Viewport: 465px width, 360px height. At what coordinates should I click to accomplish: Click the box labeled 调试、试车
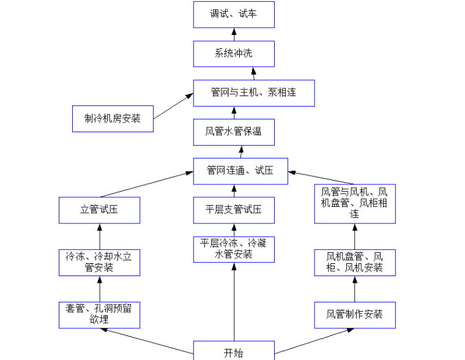(x=234, y=14)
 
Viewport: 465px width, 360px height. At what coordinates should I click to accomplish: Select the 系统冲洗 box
(x=234, y=53)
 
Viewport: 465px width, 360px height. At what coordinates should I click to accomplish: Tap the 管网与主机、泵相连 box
(x=253, y=92)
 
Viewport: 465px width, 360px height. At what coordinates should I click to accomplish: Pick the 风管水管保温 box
(x=234, y=132)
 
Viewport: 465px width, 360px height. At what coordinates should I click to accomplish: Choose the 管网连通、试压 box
(x=240, y=171)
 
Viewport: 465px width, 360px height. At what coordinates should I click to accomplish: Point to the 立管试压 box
(x=99, y=210)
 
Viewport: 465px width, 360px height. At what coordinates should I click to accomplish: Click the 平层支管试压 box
(x=234, y=210)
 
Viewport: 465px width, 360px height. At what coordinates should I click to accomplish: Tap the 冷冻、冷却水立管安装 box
(x=99, y=262)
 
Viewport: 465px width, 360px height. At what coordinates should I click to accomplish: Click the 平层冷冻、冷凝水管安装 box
(x=234, y=249)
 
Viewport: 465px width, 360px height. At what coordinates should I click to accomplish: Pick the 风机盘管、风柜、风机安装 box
(x=354, y=262)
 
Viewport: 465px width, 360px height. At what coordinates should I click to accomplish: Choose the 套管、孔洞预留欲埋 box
(x=99, y=315)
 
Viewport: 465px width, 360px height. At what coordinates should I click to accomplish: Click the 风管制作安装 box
(x=354, y=315)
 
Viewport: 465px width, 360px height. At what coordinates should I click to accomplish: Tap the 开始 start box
(x=234, y=351)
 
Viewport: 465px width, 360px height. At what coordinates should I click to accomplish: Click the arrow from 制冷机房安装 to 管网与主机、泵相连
(x=173, y=106)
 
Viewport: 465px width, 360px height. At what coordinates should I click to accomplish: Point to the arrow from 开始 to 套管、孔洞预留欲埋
(x=147, y=341)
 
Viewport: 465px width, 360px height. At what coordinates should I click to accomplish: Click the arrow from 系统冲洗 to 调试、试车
(x=234, y=34)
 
